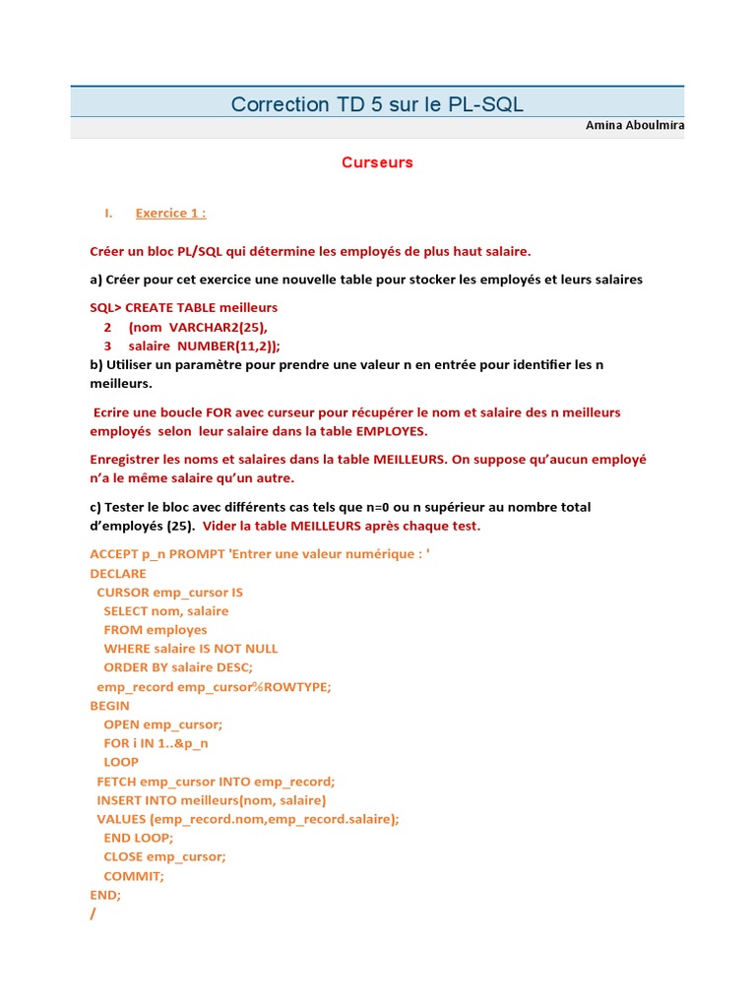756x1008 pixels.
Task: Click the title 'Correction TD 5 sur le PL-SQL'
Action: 377,103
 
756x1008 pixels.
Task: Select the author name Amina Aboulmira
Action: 635,126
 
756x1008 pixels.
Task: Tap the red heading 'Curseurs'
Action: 377,162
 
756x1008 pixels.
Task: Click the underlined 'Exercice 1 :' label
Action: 170,213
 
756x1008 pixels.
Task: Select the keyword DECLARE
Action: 118,573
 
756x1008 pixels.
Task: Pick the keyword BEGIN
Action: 109,706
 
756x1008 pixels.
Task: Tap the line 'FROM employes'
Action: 156,630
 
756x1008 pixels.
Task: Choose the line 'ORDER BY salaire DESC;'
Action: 178,667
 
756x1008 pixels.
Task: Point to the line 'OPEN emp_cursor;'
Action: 163,724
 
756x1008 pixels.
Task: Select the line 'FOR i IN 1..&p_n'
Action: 157,743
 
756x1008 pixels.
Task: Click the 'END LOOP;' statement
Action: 139,838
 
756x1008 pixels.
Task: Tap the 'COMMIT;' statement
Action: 134,876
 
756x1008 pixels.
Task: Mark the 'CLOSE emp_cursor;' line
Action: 164,856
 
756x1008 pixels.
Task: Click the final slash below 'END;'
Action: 94,913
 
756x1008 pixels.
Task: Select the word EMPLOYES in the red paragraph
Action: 392,431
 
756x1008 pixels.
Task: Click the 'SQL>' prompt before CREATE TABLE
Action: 105,307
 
